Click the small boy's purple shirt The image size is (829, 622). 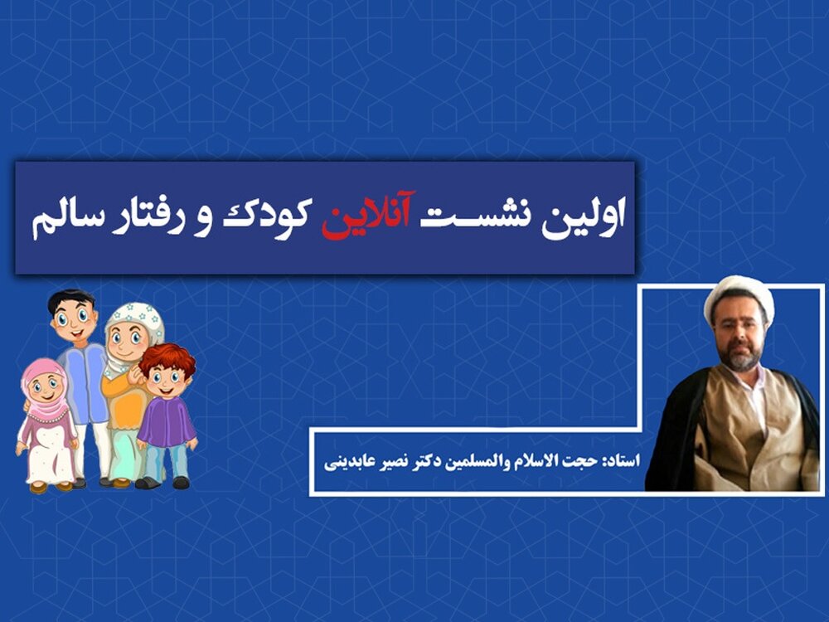pyautogui.click(x=167, y=421)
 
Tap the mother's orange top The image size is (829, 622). pyautogui.click(x=124, y=396)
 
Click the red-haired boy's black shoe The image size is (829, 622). pyautogui.click(x=181, y=482)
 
